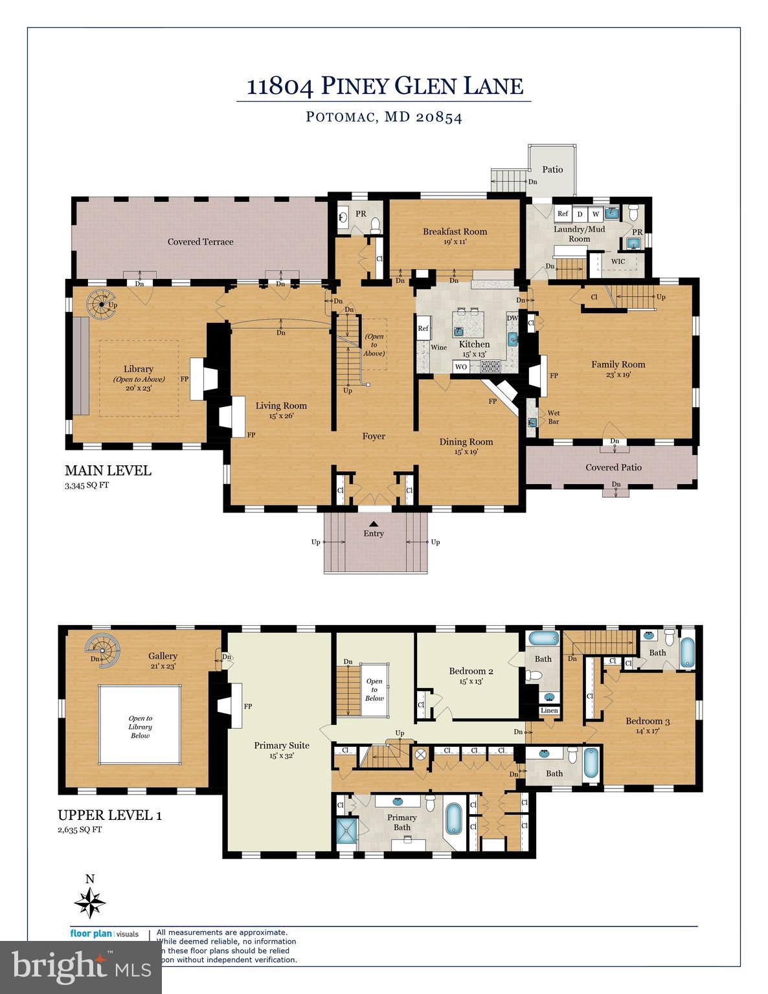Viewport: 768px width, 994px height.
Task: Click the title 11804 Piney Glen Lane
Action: tap(384, 86)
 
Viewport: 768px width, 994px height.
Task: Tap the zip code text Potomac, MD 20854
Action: tap(384, 117)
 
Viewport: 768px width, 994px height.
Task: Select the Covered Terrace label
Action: tap(200, 242)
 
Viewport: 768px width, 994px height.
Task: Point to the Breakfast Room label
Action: tap(455, 232)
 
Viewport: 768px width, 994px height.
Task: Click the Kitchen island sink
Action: tap(458, 330)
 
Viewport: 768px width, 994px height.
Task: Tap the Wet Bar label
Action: tap(554, 417)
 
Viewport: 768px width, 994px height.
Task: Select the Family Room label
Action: tap(618, 364)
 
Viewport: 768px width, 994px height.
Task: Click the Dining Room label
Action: tap(466, 442)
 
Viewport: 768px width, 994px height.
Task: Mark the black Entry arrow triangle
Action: tap(374, 523)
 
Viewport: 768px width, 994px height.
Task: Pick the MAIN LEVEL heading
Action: tap(107, 470)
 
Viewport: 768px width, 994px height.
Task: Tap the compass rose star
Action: tap(90, 901)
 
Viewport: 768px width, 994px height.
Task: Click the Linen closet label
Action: tap(548, 711)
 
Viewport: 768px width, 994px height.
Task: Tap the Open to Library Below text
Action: tap(140, 726)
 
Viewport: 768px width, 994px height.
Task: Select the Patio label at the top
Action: tap(552, 170)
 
